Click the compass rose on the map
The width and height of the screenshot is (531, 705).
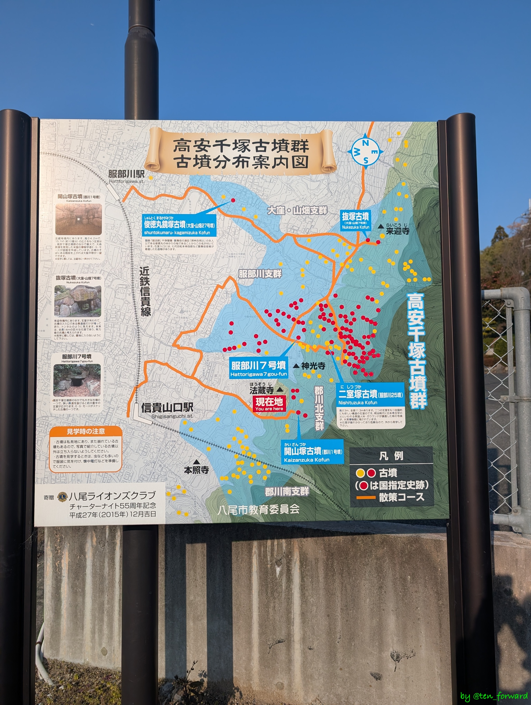tap(366, 152)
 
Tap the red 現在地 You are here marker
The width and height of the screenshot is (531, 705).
tap(269, 404)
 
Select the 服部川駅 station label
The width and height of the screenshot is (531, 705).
tap(126, 174)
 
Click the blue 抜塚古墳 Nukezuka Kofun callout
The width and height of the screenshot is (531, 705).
tap(355, 221)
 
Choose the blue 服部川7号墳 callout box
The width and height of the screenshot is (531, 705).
tap(259, 368)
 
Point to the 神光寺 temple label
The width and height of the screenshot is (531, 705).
tap(313, 366)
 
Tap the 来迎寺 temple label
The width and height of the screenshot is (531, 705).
tap(397, 230)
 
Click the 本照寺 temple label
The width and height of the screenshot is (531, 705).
tap(196, 470)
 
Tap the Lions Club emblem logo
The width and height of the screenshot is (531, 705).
tap(62, 497)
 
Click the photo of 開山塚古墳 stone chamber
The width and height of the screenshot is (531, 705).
tap(79, 219)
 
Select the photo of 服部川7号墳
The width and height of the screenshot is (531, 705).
tap(77, 380)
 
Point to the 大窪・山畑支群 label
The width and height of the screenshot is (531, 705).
tap(297, 210)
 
